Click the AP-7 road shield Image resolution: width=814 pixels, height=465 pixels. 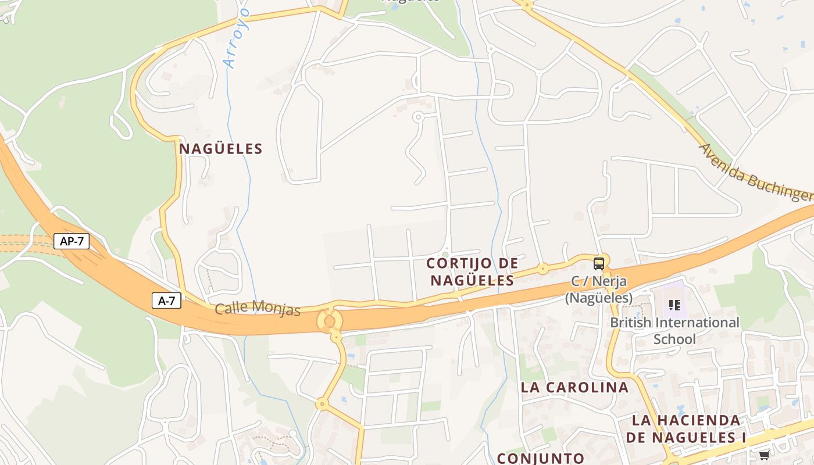72,241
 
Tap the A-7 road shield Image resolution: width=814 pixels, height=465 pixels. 166,301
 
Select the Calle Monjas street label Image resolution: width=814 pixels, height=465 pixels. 258,309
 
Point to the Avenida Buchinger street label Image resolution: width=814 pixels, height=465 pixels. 755,173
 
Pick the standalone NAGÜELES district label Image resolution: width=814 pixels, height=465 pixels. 221,149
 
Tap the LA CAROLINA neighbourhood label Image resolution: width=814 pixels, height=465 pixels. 574,387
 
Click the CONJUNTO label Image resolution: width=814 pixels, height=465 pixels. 541,458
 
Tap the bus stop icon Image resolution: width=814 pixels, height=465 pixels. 598,264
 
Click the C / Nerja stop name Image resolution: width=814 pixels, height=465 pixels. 599,282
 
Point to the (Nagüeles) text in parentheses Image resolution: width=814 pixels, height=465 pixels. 599,298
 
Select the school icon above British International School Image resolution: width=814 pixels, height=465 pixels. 674,305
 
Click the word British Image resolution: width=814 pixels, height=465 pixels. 634,323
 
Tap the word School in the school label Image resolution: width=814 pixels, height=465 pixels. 674,339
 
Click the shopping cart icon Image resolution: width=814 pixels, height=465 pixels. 764,455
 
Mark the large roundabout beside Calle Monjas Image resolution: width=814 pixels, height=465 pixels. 329,320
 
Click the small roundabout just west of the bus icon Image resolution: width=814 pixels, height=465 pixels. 542,269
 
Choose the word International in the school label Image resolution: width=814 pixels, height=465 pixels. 701,323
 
